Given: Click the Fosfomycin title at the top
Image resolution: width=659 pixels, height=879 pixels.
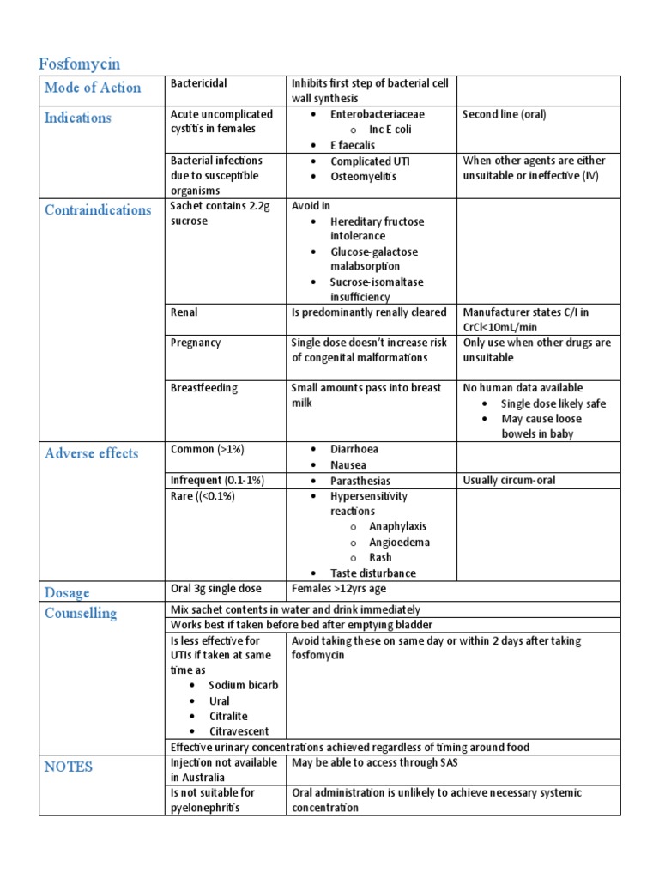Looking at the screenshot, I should [79, 64].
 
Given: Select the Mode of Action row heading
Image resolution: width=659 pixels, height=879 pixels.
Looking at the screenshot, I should [93, 88].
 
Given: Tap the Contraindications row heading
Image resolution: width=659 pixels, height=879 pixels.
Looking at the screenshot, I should [98, 210].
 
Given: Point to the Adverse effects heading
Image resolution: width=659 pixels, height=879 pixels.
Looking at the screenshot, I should [91, 453].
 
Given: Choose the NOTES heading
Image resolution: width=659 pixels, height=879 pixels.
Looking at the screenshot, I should [69, 767].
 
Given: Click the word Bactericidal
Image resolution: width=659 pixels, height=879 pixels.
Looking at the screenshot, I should [199, 84].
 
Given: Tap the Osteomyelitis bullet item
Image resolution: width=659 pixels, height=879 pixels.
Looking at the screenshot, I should [364, 177].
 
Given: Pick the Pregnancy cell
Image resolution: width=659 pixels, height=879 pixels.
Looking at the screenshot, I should [196, 343].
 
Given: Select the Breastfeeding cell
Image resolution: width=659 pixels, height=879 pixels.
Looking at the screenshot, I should [204, 388].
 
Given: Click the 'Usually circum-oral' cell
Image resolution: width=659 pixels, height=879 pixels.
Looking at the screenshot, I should [509, 481].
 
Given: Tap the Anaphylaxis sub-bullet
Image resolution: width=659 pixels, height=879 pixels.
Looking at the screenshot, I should [397, 527].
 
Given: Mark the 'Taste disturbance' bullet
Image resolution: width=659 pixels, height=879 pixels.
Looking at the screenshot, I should [373, 573].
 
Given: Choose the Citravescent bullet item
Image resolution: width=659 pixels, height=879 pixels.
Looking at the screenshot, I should [239, 732].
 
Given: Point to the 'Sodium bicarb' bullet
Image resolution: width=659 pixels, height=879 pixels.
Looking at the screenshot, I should [243, 686].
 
